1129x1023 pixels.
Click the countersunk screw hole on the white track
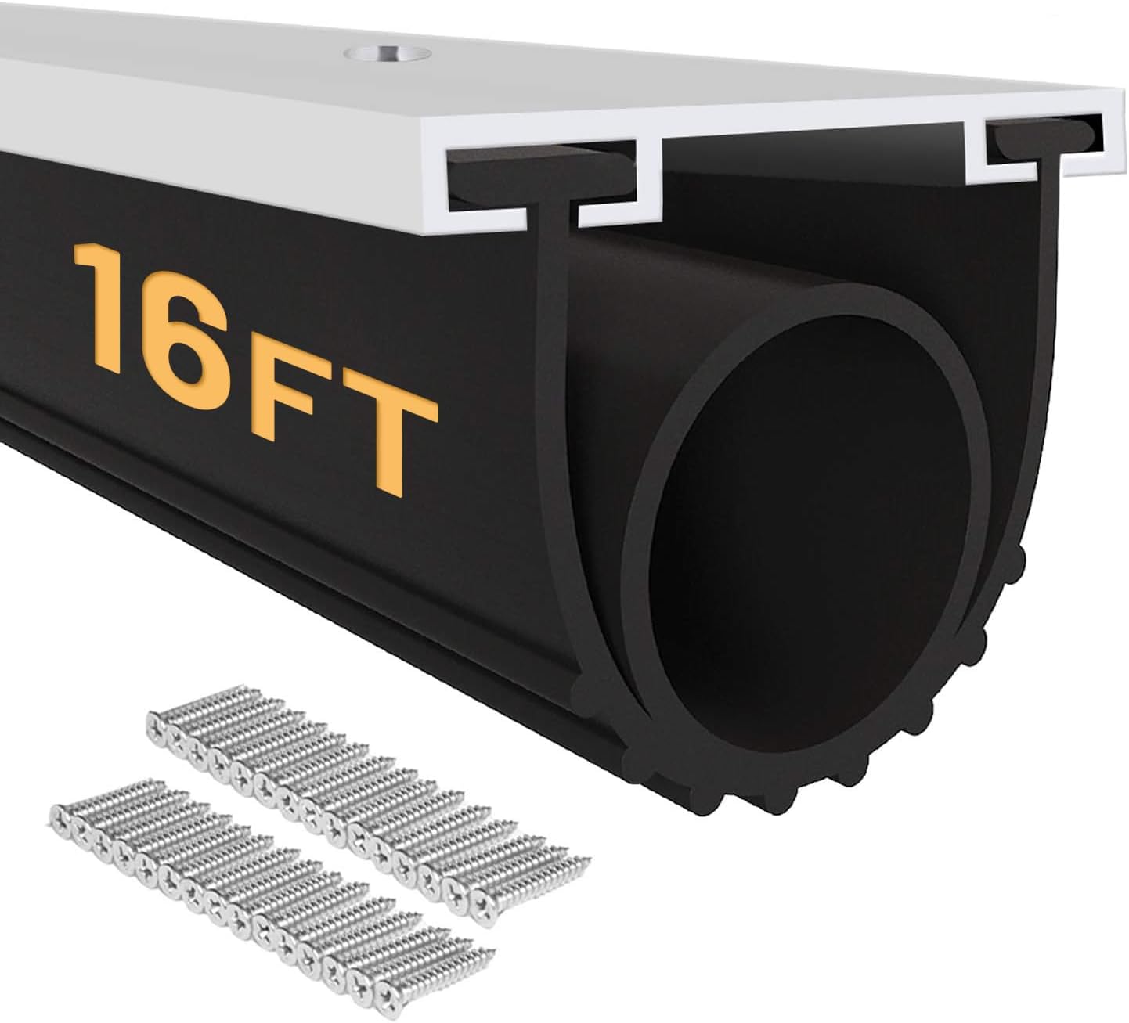pyautogui.click(x=387, y=53)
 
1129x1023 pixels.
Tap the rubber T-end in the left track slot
pyautogui.click(x=540, y=176)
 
